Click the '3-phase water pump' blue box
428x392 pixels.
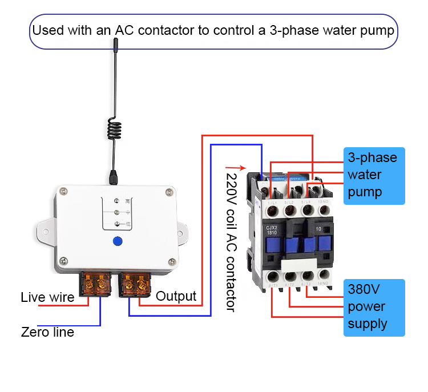(x=374, y=175)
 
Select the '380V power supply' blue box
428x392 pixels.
(x=374, y=307)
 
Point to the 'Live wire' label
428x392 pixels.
(x=47, y=297)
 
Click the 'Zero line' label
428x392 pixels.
(x=47, y=332)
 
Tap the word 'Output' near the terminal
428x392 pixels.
(x=176, y=296)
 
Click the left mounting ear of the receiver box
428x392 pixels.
(x=45, y=231)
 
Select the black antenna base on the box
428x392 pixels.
(x=114, y=176)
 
